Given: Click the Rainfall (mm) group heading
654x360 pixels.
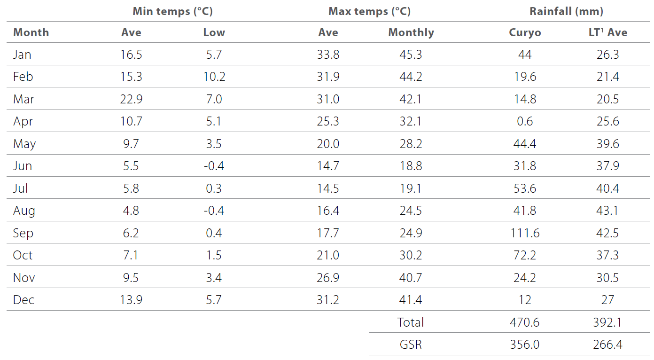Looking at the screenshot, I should click(566, 11).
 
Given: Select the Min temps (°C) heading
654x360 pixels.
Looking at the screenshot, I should click(172, 11).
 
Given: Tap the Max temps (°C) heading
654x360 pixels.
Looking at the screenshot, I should click(369, 11).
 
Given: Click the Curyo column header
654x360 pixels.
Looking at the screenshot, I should click(525, 32).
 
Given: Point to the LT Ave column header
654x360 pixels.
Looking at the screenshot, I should click(607, 32).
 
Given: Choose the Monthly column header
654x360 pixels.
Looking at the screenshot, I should click(411, 32).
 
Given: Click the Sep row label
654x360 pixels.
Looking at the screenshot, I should click(23, 233).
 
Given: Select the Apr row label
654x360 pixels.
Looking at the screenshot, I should click(23, 122).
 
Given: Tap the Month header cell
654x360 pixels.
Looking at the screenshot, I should click(31, 32).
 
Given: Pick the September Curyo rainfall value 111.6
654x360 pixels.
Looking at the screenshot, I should click(525, 233).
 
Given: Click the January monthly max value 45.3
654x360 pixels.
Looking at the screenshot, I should click(411, 55).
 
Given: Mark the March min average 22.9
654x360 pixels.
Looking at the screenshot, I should click(131, 99).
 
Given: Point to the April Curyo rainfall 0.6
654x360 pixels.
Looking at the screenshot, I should click(525, 122).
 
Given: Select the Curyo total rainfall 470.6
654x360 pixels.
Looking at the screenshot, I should click(525, 322).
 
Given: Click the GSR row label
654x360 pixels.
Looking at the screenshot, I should click(411, 344).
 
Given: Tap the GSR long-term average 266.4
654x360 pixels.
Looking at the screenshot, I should click(607, 344).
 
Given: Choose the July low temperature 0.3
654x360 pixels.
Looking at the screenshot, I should click(214, 188).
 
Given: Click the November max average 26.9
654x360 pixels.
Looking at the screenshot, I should click(328, 278).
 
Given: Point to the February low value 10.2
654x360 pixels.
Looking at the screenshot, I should click(214, 77).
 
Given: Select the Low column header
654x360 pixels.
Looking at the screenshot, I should click(214, 32).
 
